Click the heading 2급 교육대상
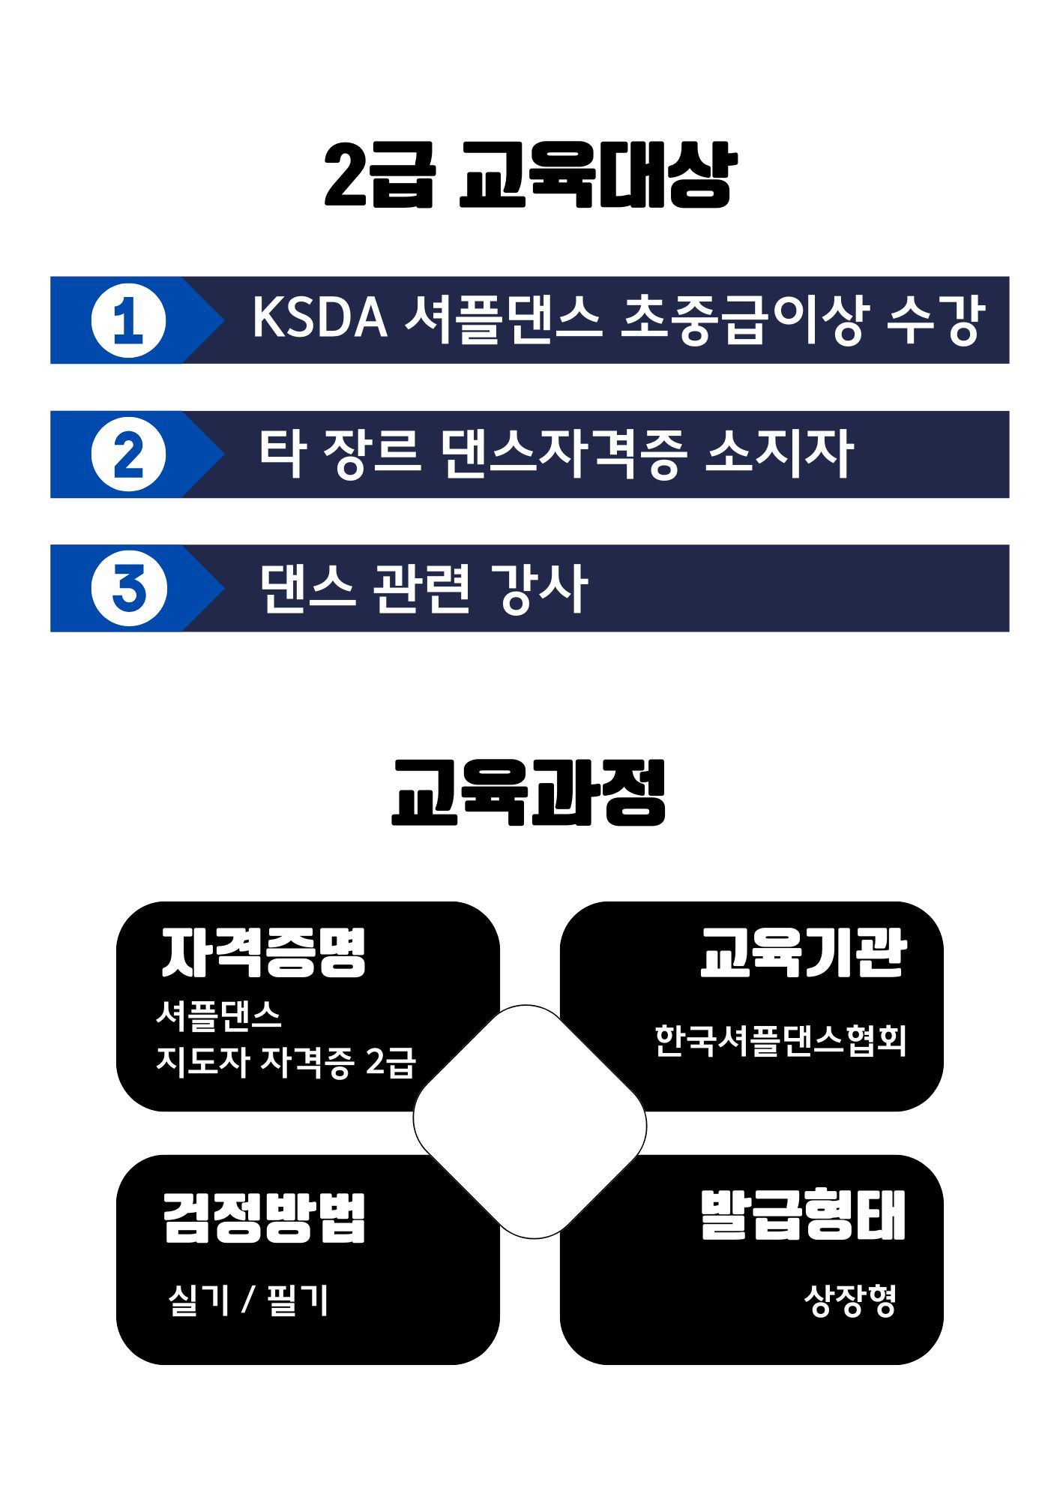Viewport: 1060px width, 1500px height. tap(530, 175)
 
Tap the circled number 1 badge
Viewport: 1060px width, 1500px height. tap(128, 320)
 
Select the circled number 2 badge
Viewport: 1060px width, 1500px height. tap(128, 454)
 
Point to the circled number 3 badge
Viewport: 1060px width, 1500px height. tap(128, 589)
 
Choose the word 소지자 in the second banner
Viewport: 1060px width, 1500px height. tap(779, 453)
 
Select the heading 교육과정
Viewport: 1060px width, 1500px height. tap(529, 793)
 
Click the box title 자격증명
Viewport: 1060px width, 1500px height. tap(264, 952)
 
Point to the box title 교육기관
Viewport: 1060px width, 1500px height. tap(803, 952)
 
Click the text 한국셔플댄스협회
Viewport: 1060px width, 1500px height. tap(780, 1040)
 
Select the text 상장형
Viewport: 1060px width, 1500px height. tap(850, 1300)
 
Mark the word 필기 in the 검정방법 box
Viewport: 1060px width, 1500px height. tap(298, 1300)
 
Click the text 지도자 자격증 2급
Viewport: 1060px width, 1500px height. tap(286, 1062)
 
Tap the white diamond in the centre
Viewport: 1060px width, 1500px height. tap(530, 1122)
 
